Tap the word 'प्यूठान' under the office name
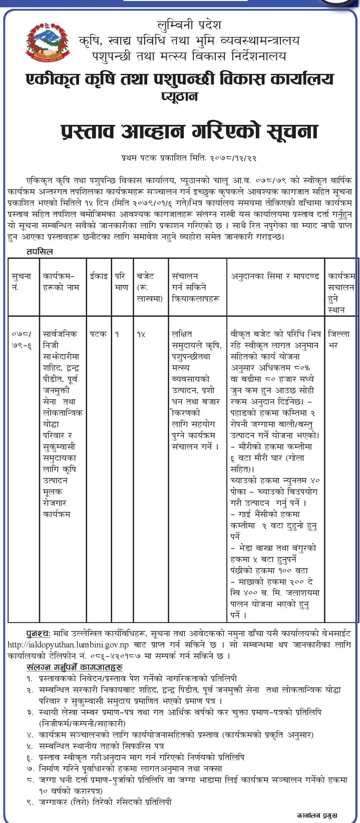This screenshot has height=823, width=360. [x=179, y=96]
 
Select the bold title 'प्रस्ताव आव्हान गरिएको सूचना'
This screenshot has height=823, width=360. [x=189, y=132]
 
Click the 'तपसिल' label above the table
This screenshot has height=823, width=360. [x=40, y=251]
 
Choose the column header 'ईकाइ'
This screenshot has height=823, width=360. [x=98, y=276]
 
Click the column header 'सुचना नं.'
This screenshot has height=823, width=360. [x=22, y=282]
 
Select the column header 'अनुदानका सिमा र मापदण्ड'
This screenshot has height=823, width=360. [x=275, y=276]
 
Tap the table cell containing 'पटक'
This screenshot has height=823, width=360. [x=98, y=334]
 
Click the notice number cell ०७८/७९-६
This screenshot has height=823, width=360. [x=22, y=339]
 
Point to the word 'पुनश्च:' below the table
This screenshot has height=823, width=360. [x=38, y=633]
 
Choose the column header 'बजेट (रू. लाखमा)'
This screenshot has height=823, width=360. [x=150, y=287]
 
